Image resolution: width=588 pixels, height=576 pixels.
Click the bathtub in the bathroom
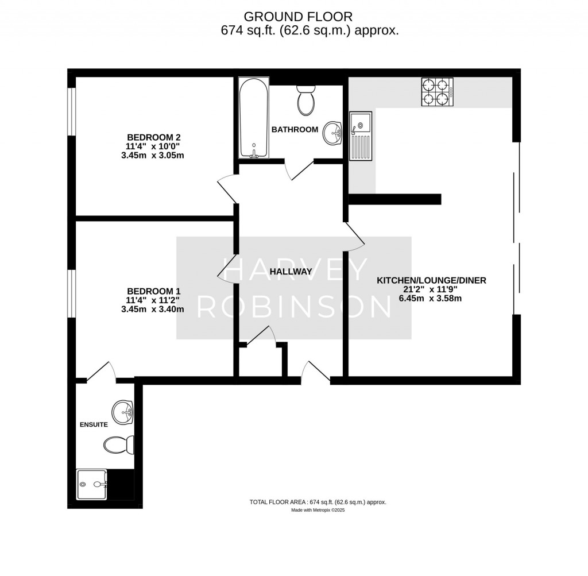(253, 118)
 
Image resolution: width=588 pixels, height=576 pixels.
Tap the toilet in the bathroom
(305, 100)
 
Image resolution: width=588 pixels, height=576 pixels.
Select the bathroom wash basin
(332, 133)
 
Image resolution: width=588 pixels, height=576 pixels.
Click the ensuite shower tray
(92, 485)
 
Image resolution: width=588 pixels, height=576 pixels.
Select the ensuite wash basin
(123, 412)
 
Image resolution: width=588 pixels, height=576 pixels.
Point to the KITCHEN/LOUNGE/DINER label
(431, 280)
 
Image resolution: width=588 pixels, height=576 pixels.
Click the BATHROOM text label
(295, 129)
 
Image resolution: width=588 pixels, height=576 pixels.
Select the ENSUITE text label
(94, 425)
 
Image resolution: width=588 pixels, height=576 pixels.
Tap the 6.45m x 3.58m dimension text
(431, 298)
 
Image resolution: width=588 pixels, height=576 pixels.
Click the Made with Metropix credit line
(318, 509)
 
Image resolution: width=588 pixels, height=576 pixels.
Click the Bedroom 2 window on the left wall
(72, 112)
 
